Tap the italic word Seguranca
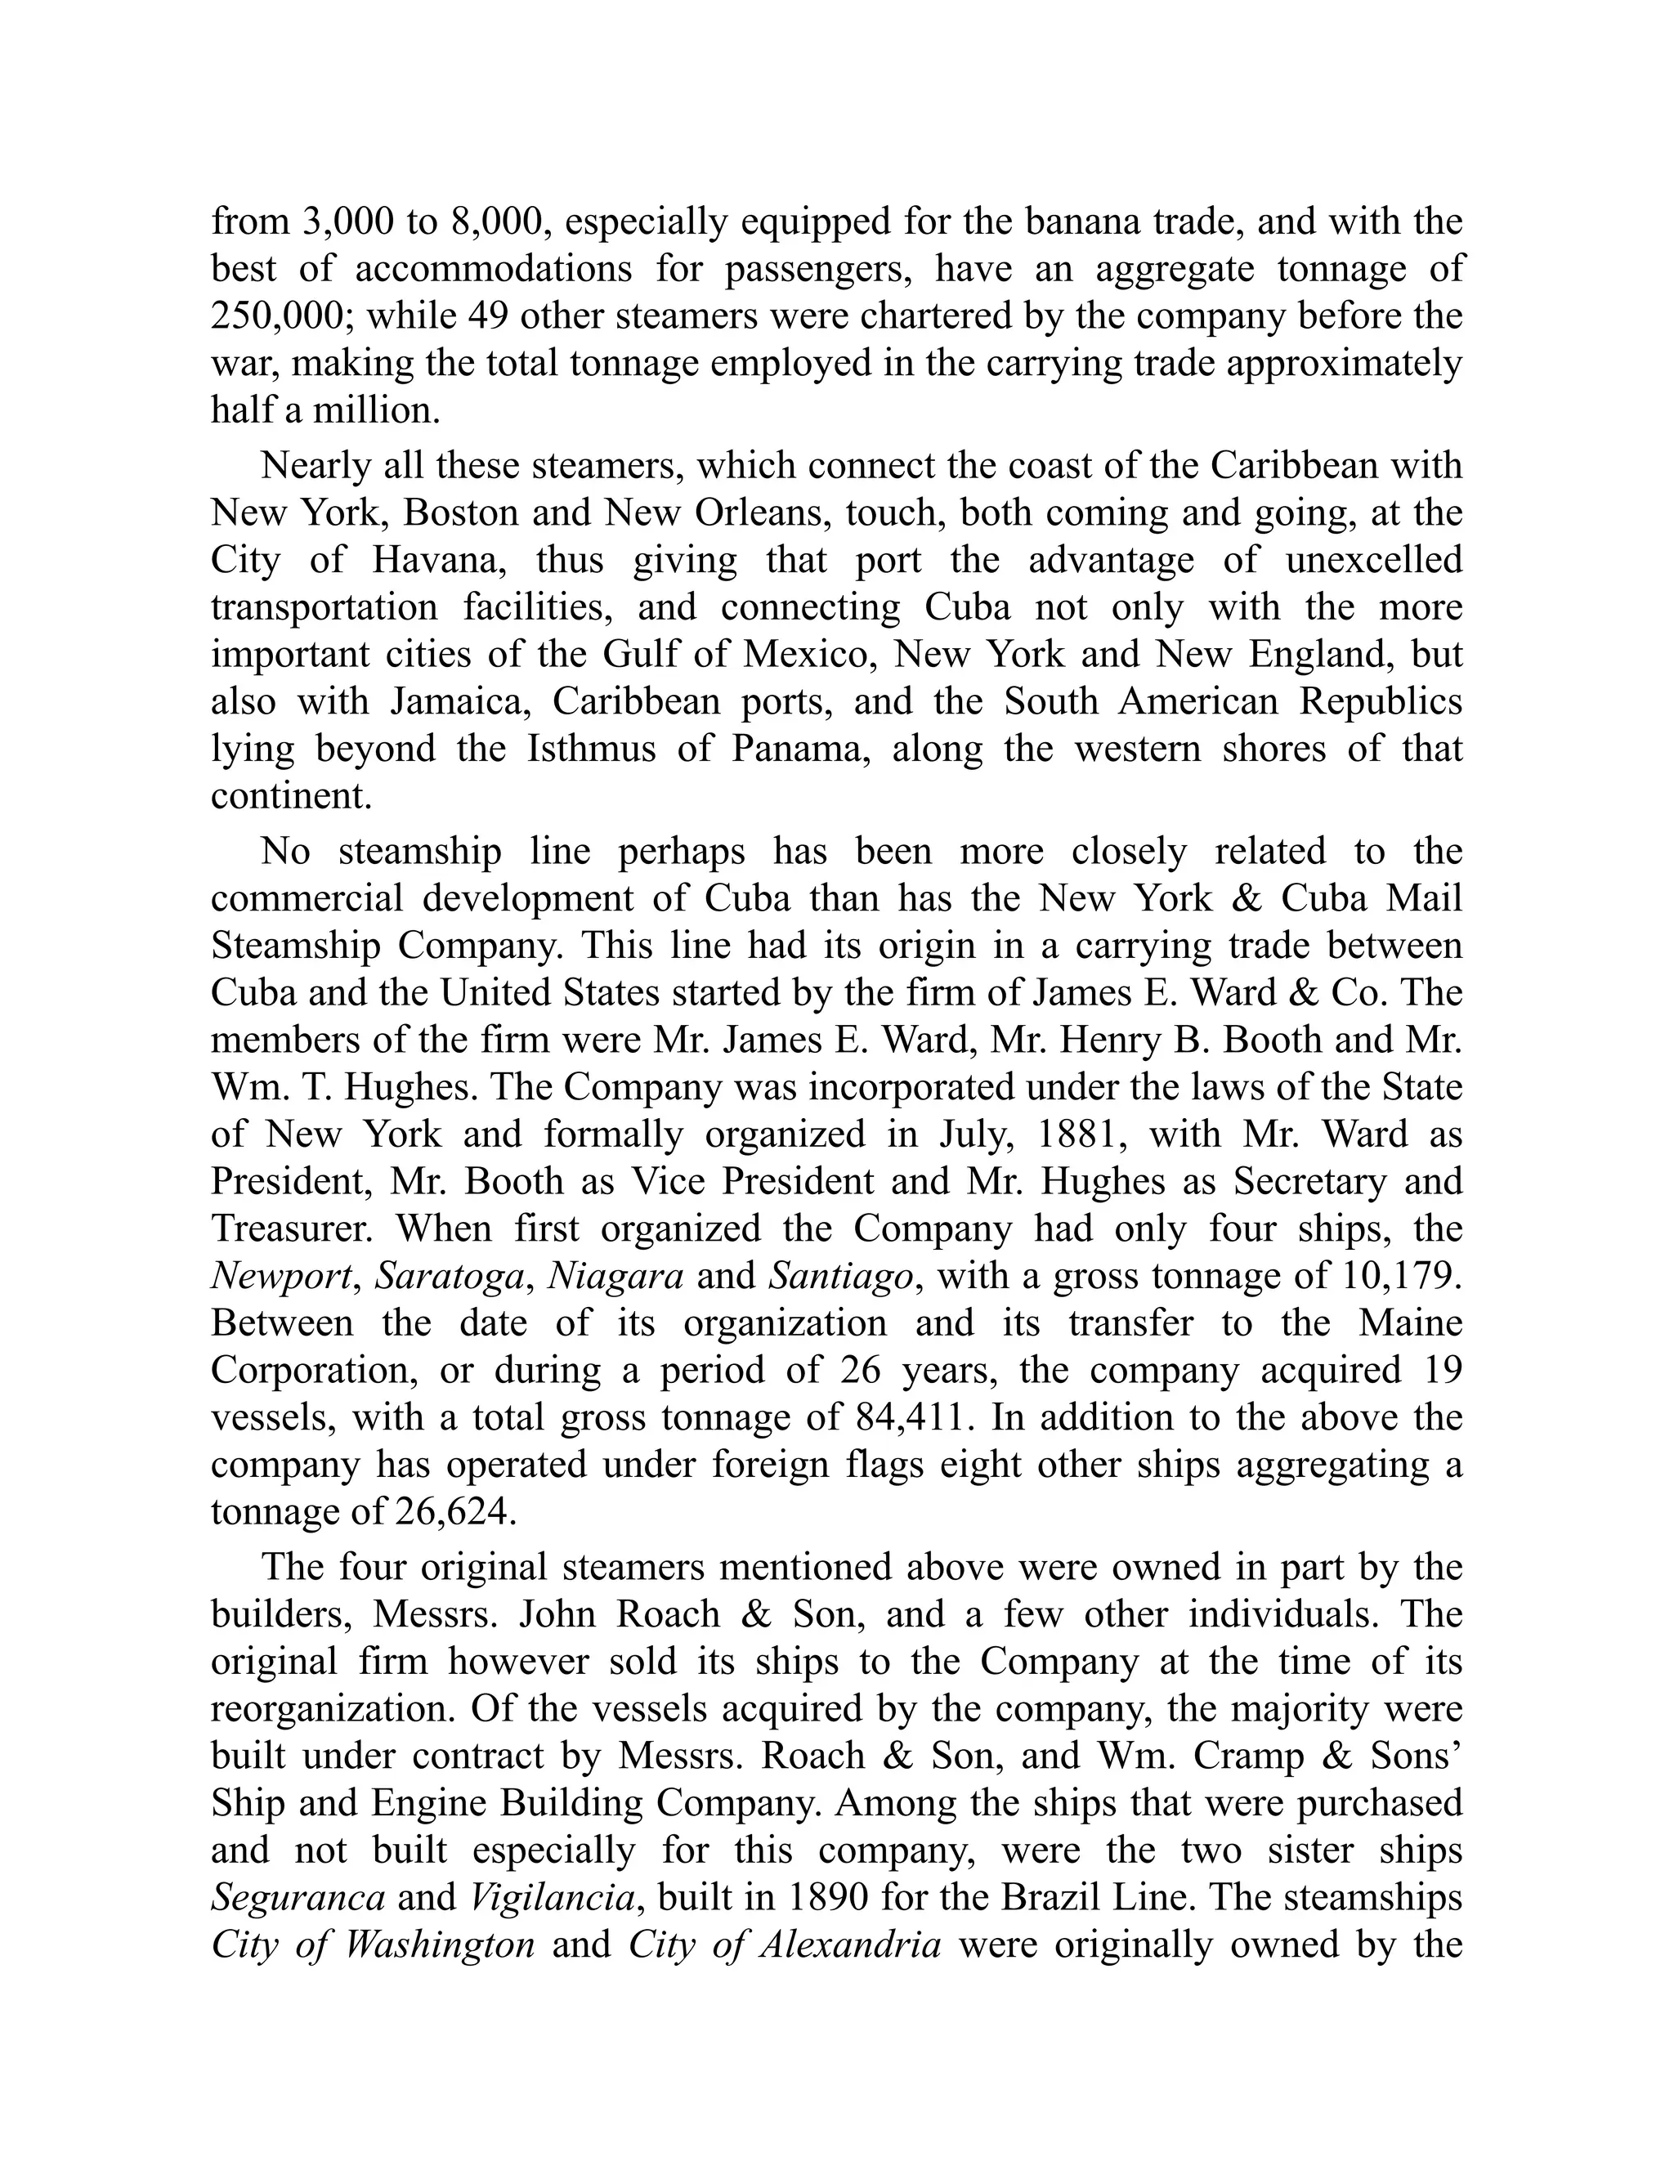tap(298, 1897)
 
